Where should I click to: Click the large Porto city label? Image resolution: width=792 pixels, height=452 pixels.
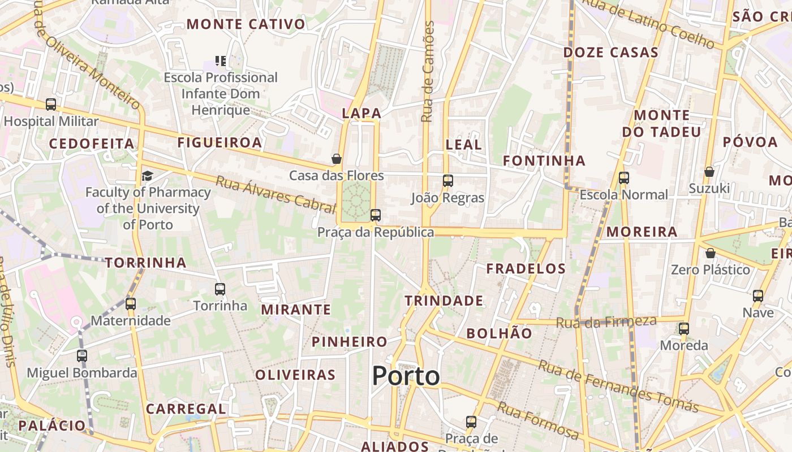coord(406,376)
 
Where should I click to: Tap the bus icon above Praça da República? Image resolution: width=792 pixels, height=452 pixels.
coord(375,215)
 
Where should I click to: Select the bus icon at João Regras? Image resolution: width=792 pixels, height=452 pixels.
coord(447,181)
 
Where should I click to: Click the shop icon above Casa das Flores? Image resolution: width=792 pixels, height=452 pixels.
coord(336,159)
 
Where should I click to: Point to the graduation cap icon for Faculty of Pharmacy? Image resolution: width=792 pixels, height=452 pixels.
coord(147,176)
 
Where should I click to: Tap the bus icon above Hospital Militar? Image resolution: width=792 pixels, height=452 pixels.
coord(51,105)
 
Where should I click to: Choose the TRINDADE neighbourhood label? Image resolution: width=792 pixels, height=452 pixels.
coord(444,301)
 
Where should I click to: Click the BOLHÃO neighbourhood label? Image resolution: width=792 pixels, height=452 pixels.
coord(499,333)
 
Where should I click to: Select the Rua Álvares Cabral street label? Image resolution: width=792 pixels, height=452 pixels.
coord(276,194)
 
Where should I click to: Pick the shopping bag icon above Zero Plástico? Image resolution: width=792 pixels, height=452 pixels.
coord(710,253)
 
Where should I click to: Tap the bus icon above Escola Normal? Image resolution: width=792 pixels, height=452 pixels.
coord(623,178)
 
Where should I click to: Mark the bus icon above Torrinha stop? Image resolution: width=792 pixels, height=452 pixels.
coord(220,289)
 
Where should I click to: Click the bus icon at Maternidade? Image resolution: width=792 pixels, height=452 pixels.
coord(131,304)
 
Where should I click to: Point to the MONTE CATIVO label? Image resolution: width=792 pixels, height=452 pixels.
coord(246,24)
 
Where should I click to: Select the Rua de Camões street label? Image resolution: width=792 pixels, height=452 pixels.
coord(428,72)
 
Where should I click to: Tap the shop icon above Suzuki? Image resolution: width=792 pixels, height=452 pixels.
coord(709,172)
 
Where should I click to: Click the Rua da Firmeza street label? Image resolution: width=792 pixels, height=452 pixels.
coord(606,322)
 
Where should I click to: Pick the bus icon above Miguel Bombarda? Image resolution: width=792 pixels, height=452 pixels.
coord(82,356)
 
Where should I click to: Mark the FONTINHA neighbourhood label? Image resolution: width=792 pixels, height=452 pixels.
coord(544,161)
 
